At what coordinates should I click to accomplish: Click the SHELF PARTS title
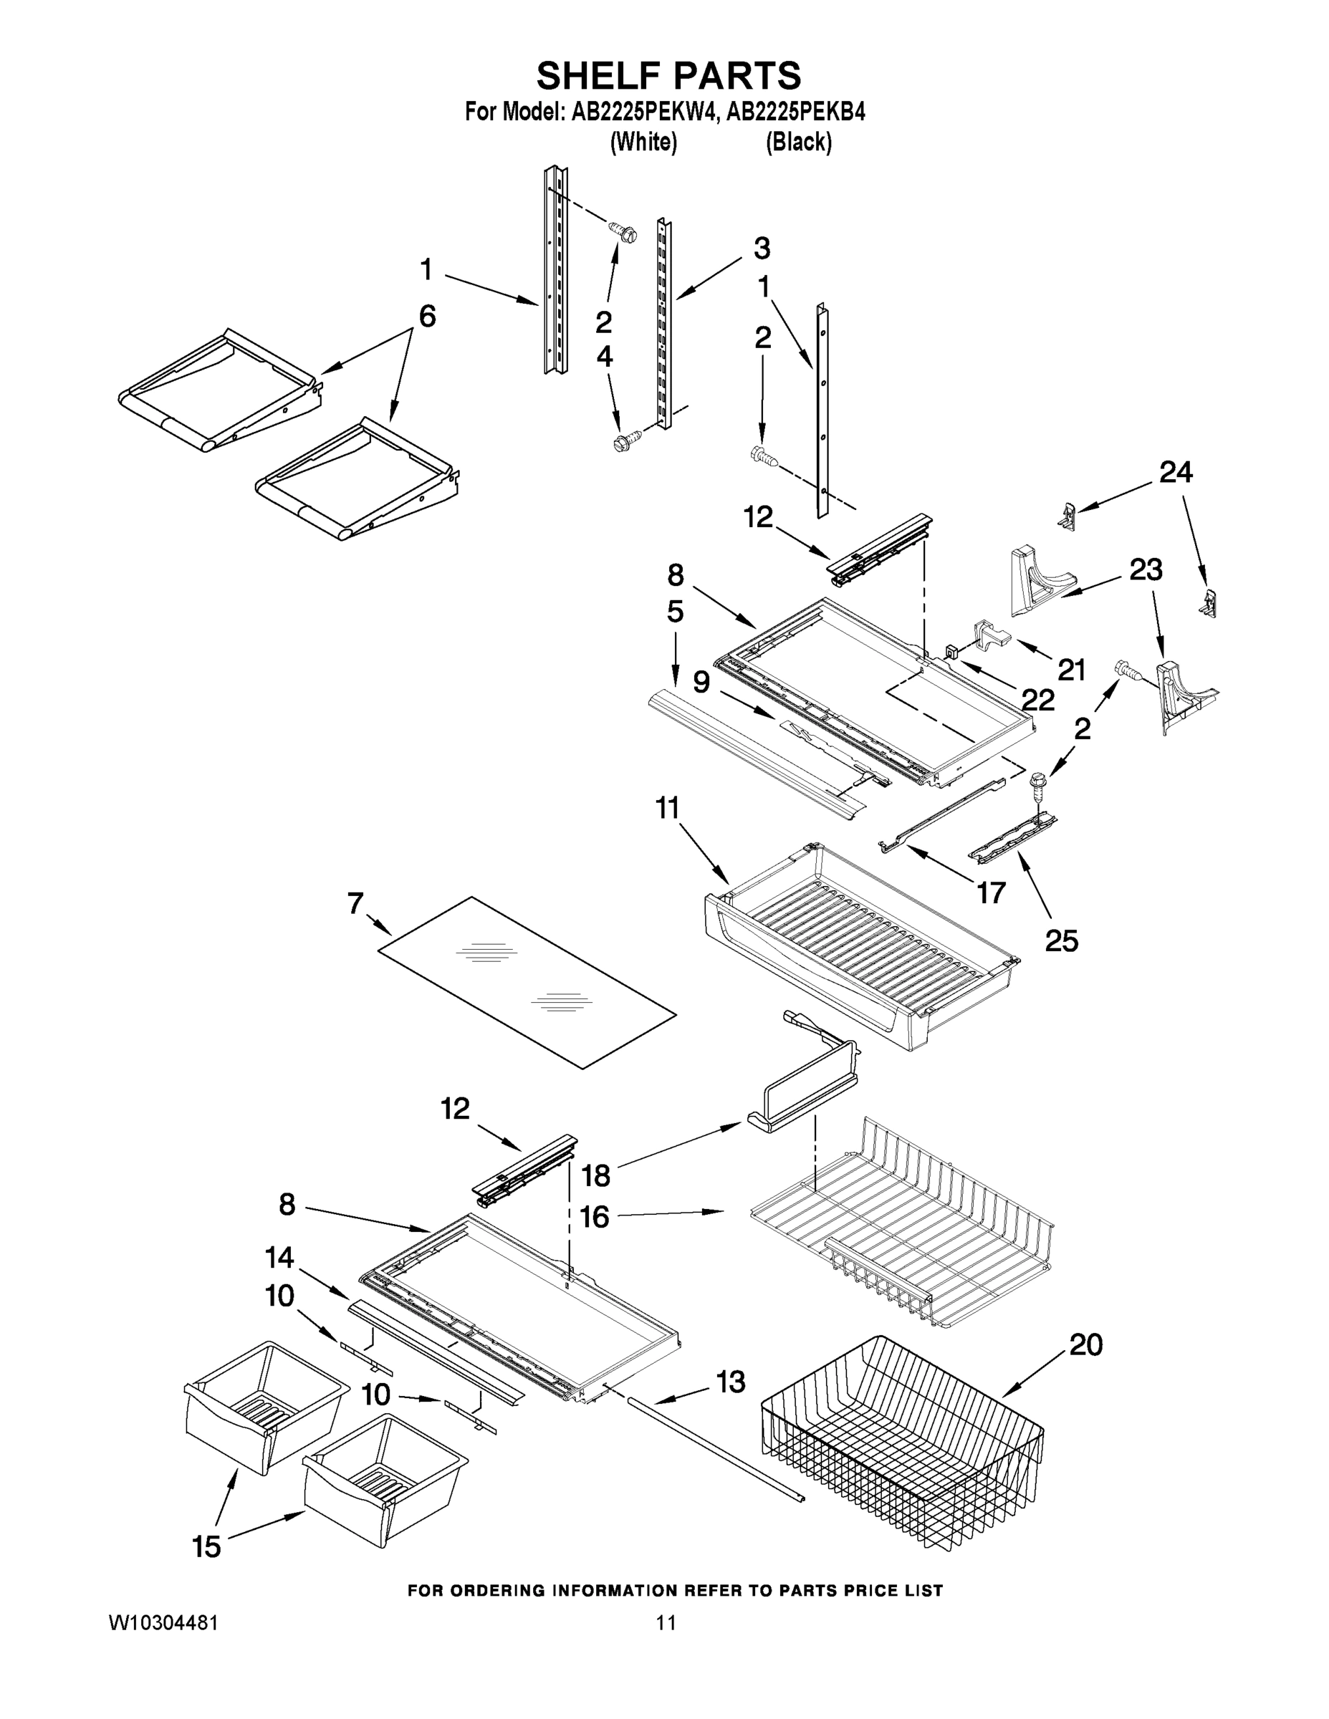coord(668,77)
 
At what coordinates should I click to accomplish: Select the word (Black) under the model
coord(798,143)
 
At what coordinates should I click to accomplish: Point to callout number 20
coord(1085,1345)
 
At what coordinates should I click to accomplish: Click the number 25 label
coord(1061,940)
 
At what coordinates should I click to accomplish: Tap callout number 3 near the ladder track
coord(762,248)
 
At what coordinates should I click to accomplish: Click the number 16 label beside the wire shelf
coord(595,1217)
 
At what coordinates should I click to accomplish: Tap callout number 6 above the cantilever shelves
coord(427,317)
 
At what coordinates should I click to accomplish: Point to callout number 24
coord(1176,472)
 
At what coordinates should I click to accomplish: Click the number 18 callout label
coord(595,1176)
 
